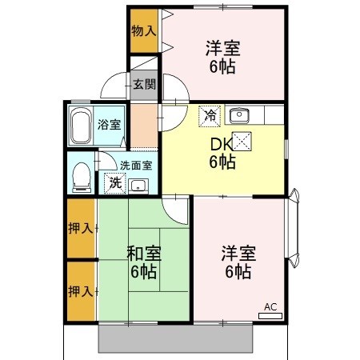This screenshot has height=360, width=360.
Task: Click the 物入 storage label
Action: coord(144,31)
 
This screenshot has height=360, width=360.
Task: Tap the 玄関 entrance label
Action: coord(145,84)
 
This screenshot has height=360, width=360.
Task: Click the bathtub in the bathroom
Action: coord(80,126)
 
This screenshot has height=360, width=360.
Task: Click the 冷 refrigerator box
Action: coord(209,115)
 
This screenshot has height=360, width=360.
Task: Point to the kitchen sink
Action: coord(240,115)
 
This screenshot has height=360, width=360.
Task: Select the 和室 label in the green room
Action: coord(144,254)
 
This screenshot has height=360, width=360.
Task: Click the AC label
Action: coord(270,307)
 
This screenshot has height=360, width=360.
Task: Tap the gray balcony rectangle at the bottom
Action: coord(177,339)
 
